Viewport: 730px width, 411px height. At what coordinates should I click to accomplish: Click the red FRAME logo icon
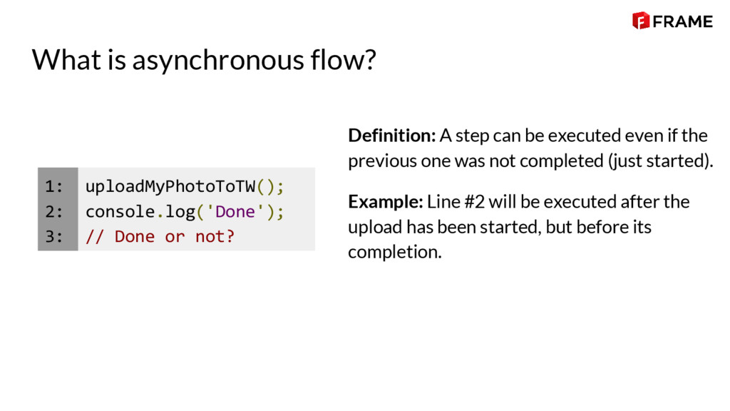[x=640, y=21]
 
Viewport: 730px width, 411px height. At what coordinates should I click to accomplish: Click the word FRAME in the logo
[x=682, y=21]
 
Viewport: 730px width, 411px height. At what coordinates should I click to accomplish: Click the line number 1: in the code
[x=54, y=187]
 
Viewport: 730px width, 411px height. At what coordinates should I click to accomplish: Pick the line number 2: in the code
[x=54, y=212]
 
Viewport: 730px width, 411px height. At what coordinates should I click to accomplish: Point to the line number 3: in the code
[x=54, y=237]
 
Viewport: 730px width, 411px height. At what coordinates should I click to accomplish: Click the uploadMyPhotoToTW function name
[x=170, y=187]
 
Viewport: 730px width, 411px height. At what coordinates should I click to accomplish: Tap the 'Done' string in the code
[x=235, y=212]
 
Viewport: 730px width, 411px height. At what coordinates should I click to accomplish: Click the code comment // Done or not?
[x=160, y=237]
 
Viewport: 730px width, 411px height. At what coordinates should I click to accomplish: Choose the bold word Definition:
[x=391, y=136]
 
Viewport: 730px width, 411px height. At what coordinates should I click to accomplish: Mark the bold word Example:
[x=386, y=202]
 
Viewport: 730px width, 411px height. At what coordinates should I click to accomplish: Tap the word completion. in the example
[x=394, y=252]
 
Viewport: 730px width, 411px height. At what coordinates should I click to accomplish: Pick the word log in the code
[x=180, y=212]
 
